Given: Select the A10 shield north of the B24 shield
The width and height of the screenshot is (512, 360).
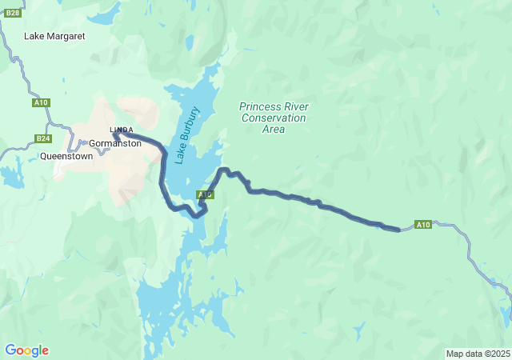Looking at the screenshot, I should [42, 102].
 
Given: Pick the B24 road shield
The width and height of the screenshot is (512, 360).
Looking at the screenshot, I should [44, 138].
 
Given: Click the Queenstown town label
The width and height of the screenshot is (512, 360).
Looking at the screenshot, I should [66, 157].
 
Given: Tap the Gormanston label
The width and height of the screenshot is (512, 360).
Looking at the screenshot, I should [115, 144].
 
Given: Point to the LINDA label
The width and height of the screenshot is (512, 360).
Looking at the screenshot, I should [122, 130].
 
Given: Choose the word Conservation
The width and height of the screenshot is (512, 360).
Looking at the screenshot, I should [274, 118].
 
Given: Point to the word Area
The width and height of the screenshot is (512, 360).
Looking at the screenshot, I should [274, 129].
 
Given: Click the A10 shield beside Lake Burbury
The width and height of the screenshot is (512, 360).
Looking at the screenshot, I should [205, 194].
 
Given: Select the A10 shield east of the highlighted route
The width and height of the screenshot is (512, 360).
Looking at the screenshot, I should [423, 225].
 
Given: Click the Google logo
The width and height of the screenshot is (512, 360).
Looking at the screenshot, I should [26, 350].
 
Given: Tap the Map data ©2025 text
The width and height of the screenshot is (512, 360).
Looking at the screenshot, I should [477, 354].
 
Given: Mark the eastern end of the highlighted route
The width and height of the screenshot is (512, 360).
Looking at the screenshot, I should [398, 230].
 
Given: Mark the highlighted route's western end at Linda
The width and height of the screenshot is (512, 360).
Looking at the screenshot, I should [116, 134].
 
